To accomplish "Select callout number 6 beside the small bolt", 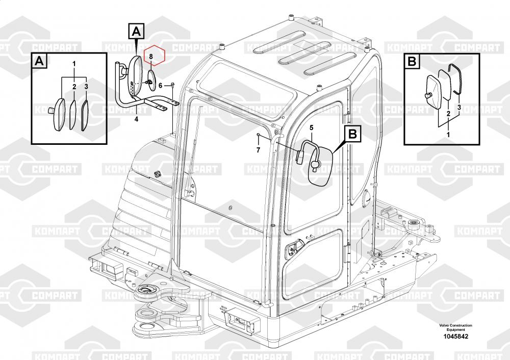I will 160,86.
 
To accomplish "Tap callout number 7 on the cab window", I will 258,150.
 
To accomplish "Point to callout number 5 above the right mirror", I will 312,126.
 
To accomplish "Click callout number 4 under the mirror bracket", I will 136,119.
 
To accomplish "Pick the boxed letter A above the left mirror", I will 136,32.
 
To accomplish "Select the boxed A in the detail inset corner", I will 39,61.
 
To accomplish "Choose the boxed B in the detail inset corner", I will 413,61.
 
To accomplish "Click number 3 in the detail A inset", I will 86,87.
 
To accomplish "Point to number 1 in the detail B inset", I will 448,134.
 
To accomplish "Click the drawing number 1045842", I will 455,337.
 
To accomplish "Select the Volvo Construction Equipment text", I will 455,327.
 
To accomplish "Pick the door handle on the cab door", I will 291,249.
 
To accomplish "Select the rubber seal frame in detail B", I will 455,79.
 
